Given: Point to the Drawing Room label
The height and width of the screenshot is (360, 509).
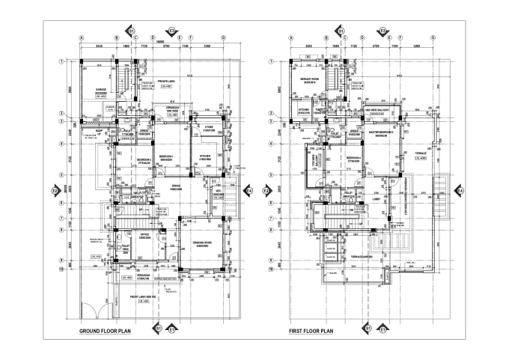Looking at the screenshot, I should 202,245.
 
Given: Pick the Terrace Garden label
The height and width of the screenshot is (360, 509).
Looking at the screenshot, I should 363,257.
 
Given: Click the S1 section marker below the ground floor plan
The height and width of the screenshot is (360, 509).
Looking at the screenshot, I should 156,328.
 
